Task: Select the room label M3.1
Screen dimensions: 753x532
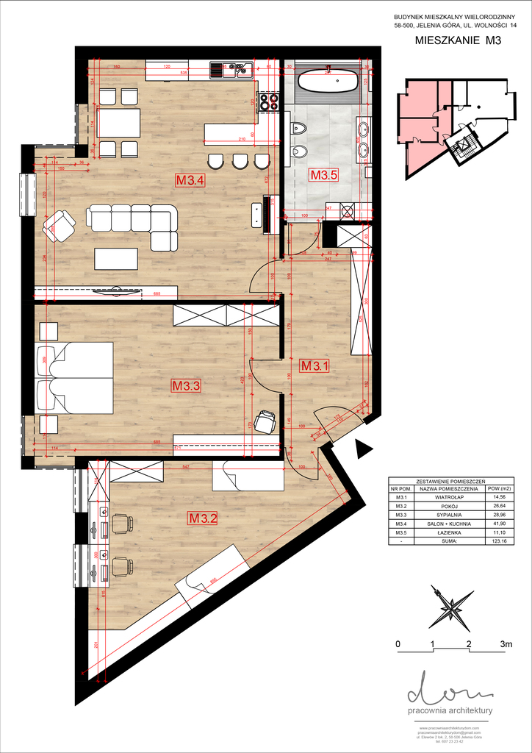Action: (314, 363)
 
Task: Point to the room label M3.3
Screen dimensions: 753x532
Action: (186, 385)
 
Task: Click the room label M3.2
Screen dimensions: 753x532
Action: (203, 518)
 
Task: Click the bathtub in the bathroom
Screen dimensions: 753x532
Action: (329, 79)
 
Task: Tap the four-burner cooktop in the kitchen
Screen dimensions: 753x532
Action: (269, 101)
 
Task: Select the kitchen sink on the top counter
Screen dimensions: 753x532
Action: (231, 71)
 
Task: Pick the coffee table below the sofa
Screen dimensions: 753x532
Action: (116, 259)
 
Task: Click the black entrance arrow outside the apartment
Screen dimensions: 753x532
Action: (363, 448)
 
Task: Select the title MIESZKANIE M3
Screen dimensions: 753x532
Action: (457, 42)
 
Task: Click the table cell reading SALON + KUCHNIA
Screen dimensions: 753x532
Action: (447, 523)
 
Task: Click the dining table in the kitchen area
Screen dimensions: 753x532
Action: (118, 123)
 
